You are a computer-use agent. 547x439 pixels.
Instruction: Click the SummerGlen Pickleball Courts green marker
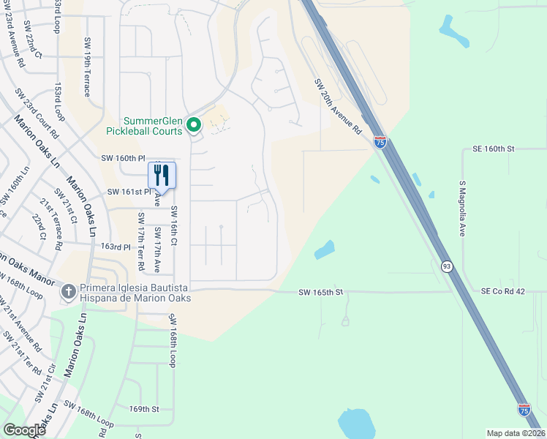pos(194,126)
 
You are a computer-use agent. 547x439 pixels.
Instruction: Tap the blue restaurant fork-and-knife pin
pos(162,176)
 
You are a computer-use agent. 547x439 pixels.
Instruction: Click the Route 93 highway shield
pos(446,266)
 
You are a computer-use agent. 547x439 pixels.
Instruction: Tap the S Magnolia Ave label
pos(462,209)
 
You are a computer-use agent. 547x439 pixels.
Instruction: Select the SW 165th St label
pos(321,293)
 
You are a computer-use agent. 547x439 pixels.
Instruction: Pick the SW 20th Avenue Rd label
pos(338,106)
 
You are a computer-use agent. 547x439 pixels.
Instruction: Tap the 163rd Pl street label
pos(115,247)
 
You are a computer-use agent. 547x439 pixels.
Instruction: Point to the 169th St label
pos(143,409)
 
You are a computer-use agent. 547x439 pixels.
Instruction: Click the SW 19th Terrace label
pos(87,67)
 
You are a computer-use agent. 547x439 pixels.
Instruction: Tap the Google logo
pos(25,430)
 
